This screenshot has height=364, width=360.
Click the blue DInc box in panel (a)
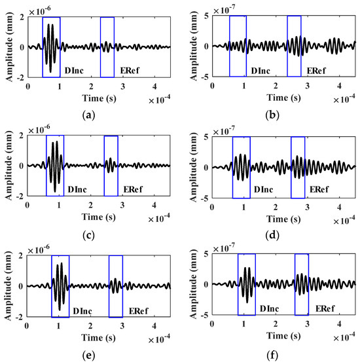pos(51,46)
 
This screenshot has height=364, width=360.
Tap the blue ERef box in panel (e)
pos(116,285)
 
